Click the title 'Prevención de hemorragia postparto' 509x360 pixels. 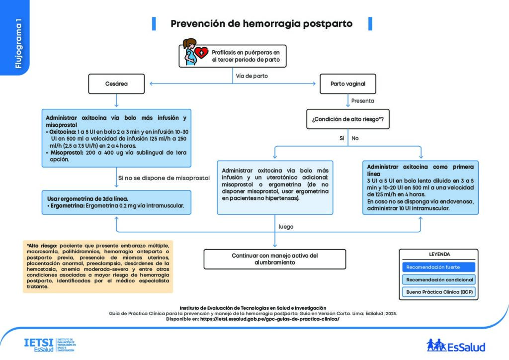261,23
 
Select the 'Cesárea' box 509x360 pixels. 116,84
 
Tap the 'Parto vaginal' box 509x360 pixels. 347,84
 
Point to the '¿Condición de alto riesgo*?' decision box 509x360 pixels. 347,119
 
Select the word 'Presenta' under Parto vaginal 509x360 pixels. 362,100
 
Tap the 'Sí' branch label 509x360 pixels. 341,138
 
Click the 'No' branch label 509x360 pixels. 355,138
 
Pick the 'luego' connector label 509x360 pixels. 286,226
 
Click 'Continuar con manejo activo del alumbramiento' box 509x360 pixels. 274,259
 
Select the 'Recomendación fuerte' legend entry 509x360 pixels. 438,267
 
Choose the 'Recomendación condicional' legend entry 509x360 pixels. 438,279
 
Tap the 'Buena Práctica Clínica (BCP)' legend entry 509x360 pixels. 438,292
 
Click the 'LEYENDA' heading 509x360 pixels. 438,254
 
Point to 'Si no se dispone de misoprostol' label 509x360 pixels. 164,178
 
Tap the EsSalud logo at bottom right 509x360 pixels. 455,345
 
